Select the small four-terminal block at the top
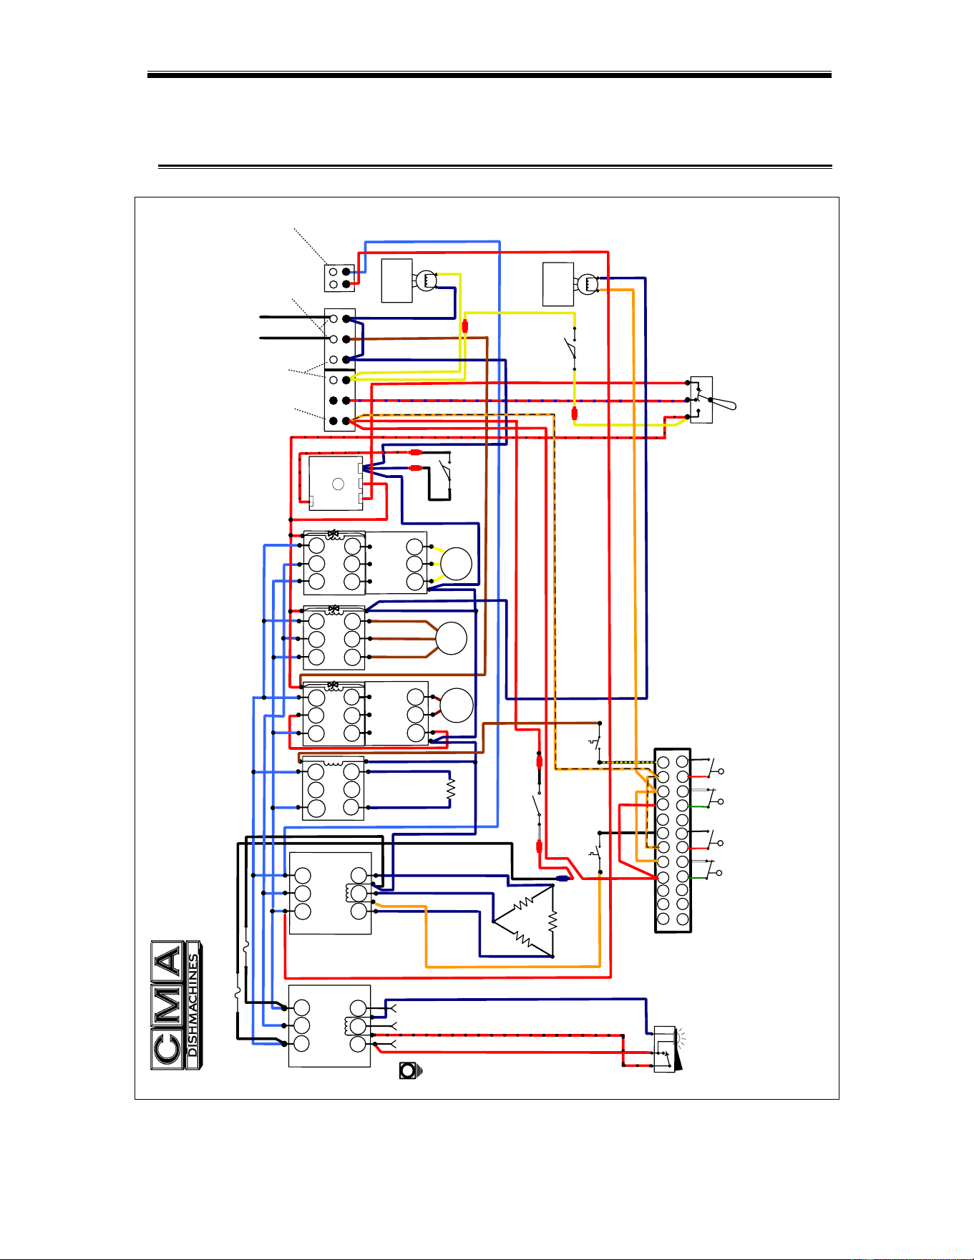(x=339, y=278)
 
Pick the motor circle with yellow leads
(x=456, y=564)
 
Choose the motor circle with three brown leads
(x=451, y=638)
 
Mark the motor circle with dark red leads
(x=456, y=705)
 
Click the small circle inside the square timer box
(x=339, y=484)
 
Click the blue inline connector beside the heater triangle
(x=563, y=878)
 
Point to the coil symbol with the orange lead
(x=588, y=284)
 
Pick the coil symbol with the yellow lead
(x=426, y=280)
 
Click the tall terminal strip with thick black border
(x=673, y=841)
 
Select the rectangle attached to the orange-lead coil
(x=558, y=284)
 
